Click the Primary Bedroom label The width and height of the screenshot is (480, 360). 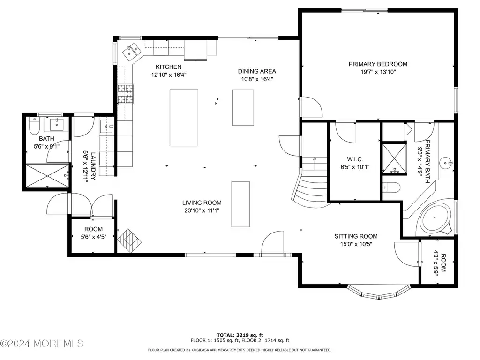[378, 64]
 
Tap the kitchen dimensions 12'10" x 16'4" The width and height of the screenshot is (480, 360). [169, 75]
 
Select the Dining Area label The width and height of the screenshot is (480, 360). [257, 71]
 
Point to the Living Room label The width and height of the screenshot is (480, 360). [202, 202]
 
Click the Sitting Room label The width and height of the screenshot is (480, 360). [356, 236]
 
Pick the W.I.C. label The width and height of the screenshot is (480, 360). [355, 159]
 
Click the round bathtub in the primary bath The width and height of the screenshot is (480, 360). [435, 217]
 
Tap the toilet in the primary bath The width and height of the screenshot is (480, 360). [391, 187]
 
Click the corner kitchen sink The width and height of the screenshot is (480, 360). [132, 52]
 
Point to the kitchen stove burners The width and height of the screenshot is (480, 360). [126, 94]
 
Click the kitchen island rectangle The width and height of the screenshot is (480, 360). [184, 118]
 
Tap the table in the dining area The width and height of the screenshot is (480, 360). [243, 107]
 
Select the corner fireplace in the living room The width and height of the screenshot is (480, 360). [129, 240]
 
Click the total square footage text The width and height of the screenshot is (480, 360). [240, 335]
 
